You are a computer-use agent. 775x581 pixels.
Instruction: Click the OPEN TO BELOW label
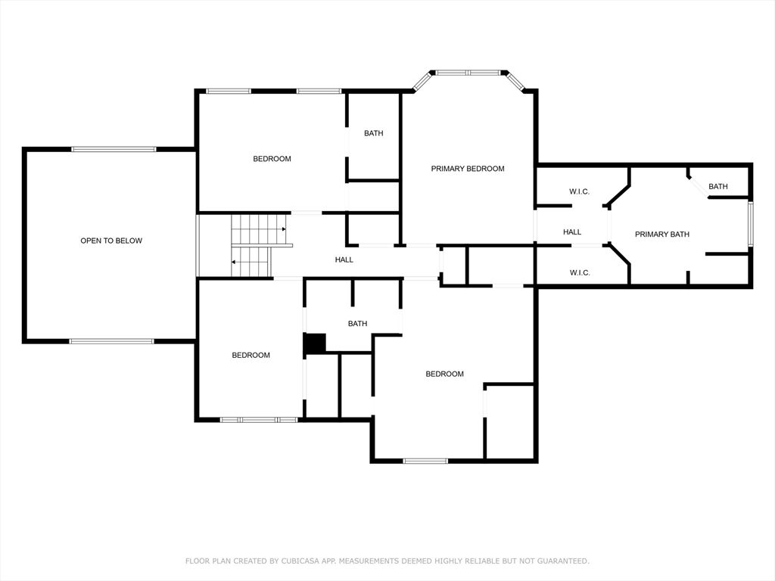coord(111,241)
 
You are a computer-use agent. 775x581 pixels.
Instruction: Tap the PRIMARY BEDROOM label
coord(468,169)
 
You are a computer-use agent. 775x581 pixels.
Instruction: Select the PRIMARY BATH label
coord(661,235)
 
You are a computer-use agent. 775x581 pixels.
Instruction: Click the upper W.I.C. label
coord(579,191)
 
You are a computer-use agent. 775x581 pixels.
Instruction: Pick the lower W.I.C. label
coord(580,272)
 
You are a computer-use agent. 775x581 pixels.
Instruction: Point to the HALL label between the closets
coord(572,231)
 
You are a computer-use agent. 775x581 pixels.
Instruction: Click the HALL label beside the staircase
coord(344,259)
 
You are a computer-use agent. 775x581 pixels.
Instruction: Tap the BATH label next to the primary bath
coord(717,186)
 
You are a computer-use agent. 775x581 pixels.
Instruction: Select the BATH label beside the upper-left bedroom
coord(374,133)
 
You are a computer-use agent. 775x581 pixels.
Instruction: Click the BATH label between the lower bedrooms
coord(357,324)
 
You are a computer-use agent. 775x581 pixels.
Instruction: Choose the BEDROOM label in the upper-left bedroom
coord(272,159)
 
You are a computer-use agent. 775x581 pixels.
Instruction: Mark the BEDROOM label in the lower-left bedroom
coord(251,356)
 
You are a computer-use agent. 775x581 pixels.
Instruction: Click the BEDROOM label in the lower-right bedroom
coord(444,374)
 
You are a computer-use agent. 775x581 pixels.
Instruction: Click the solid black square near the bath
coord(315,344)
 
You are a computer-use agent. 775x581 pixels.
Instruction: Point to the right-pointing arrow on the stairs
coord(284,229)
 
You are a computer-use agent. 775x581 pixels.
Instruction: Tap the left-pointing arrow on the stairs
coord(234,262)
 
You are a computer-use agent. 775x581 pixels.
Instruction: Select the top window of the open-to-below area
coord(114,149)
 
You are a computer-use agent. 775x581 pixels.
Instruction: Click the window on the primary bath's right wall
coord(750,223)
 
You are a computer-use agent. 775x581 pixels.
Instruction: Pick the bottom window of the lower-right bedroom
coord(425,461)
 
